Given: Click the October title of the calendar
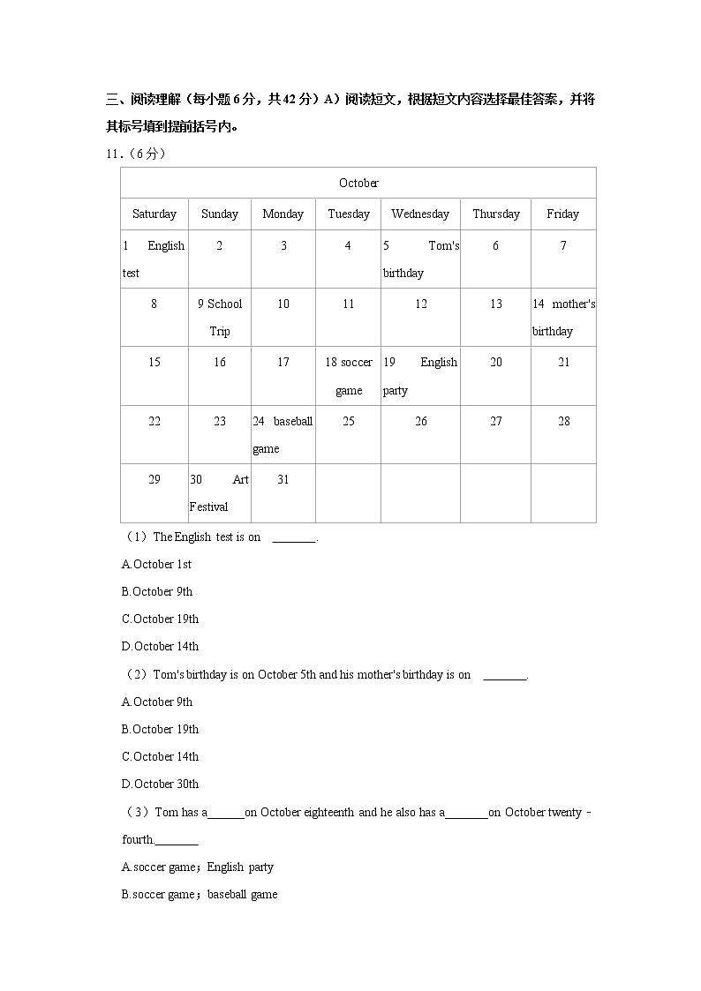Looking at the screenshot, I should pos(358,183).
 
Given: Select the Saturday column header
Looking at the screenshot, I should pos(155,214).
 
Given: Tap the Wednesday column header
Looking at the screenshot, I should pos(420,214).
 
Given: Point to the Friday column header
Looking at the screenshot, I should pos(562,214).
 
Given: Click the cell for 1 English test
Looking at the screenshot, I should pos(154,259).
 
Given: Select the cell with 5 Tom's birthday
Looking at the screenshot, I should pos(420,259).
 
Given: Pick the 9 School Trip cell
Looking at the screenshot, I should pos(220,317).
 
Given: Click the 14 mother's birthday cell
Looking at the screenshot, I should pos(563,317).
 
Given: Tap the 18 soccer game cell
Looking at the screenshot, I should pos(349,376).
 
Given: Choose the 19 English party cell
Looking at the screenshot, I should pos(420,376).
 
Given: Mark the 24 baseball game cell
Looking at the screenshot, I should pos(283,434).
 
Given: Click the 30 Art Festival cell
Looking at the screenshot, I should pos(220,492).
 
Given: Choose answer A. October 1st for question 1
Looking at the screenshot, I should pos(156,564).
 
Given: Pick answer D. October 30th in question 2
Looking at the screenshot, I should pos(160,784).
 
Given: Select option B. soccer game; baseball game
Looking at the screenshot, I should pos(200,894).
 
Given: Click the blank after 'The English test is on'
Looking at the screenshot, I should pos(294,537).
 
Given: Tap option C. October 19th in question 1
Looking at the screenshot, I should pos(160,619).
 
